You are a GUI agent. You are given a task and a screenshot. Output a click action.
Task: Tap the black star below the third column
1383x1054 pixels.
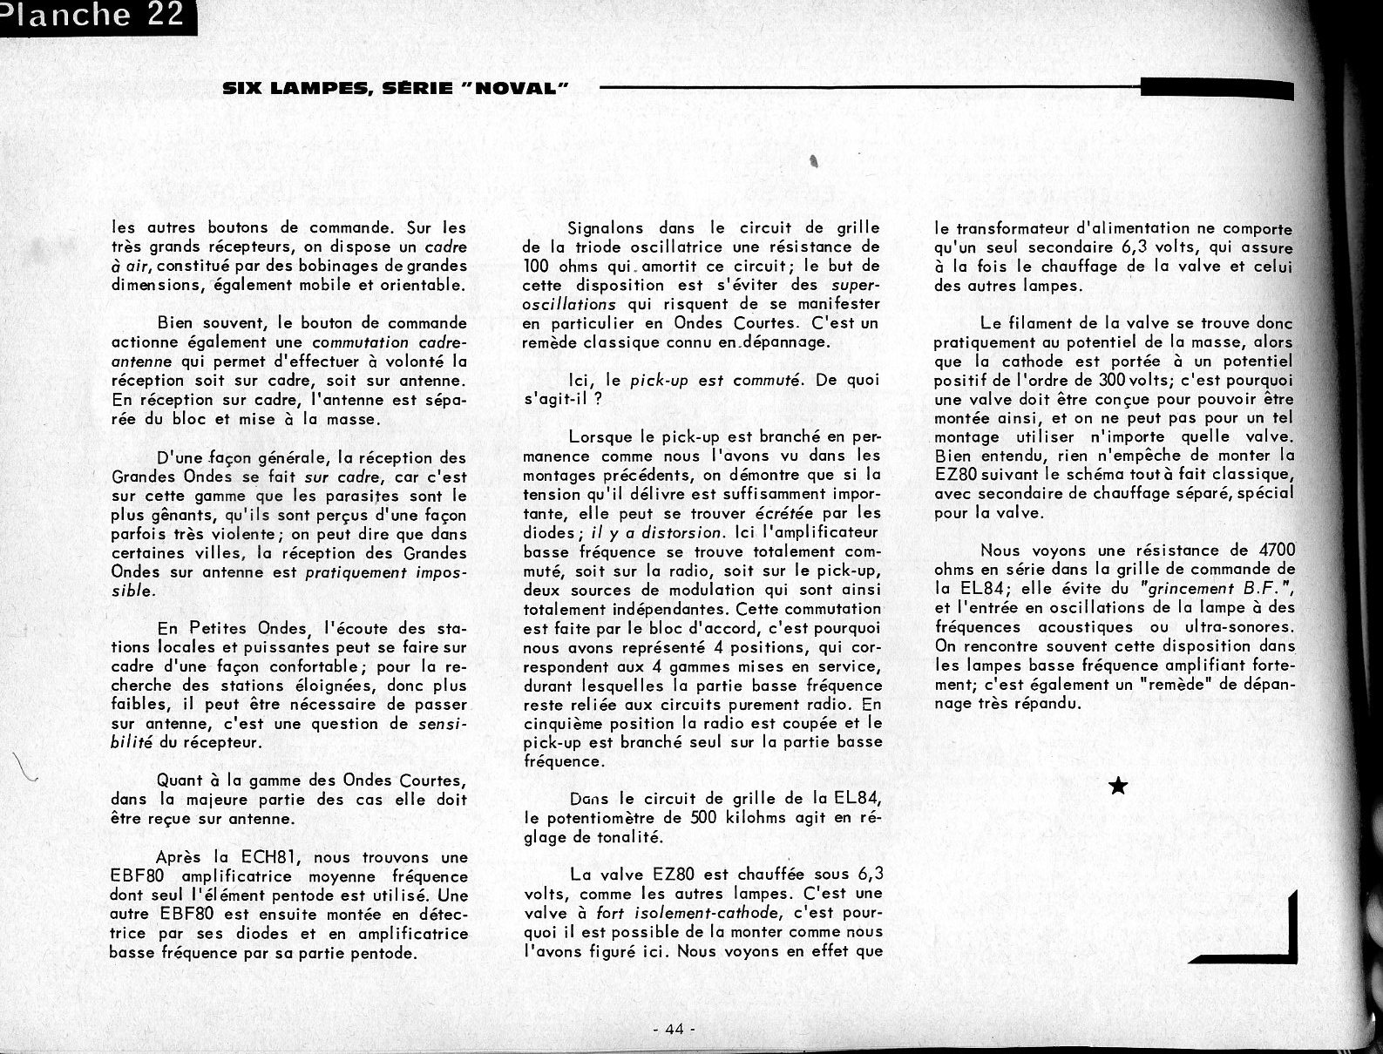click(1118, 787)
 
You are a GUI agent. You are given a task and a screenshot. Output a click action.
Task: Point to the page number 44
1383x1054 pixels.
click(673, 1029)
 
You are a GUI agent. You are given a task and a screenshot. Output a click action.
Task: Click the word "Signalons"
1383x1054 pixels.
click(606, 228)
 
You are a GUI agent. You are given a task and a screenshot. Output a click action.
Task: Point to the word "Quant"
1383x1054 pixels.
click(180, 780)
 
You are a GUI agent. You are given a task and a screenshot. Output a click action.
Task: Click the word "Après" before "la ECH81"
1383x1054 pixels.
click(180, 857)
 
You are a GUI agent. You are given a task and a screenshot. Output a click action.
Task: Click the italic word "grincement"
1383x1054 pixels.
click(1184, 588)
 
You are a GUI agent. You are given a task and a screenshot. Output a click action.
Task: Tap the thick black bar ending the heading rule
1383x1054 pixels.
click(1217, 88)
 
